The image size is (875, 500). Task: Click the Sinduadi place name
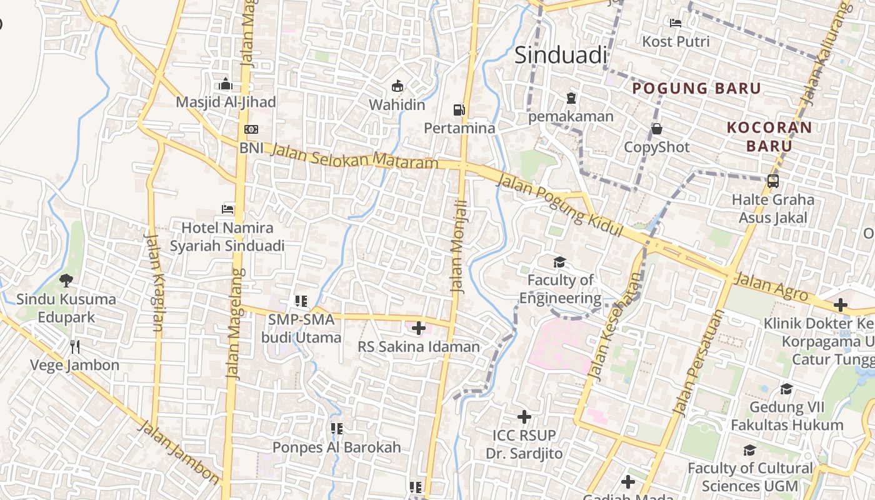561,55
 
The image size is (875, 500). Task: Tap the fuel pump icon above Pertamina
459,110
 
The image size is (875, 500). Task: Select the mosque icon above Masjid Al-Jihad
226,84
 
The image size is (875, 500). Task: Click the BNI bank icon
251,129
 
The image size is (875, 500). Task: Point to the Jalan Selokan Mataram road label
354,156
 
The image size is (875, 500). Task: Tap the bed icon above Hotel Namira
228,209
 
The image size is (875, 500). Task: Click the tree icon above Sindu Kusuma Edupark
66,281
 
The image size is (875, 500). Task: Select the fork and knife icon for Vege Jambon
75,346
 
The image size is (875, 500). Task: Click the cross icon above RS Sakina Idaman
419,328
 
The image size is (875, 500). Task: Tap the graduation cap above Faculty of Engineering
559,262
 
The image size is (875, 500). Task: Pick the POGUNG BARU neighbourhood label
696,88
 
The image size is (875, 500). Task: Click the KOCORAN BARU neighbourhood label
769,137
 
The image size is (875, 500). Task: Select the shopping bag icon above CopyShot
657,129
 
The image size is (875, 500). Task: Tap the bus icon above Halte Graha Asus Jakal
773,181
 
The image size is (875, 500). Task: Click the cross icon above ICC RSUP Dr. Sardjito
524,416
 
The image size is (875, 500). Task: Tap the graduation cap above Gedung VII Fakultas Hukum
786,389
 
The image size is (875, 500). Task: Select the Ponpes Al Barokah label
336,447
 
